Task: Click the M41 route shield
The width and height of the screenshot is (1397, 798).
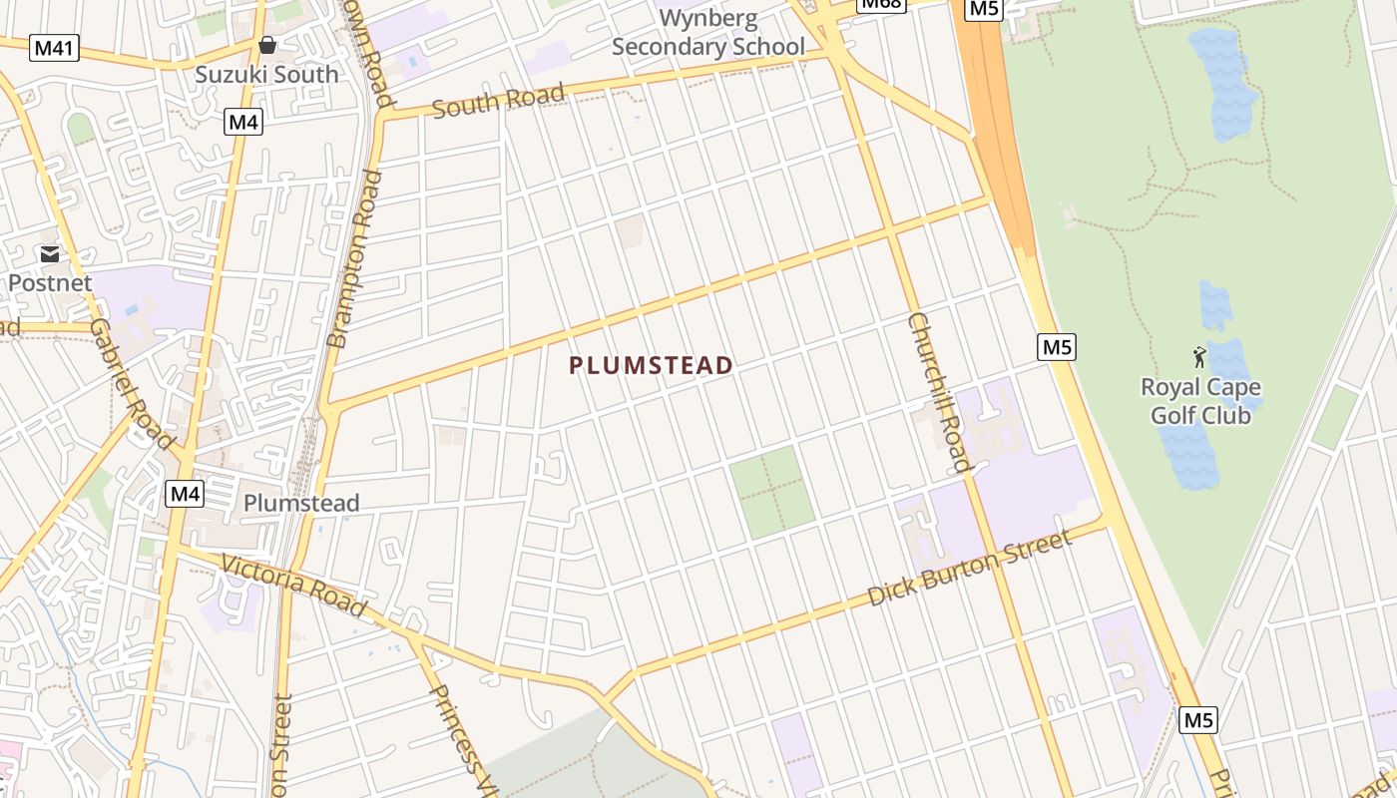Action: (53, 48)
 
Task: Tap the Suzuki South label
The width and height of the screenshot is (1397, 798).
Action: (266, 74)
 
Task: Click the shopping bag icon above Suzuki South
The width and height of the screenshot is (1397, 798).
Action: (266, 45)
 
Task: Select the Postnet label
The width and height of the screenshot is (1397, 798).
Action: (50, 283)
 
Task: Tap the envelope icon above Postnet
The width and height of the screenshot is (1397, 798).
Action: (50, 254)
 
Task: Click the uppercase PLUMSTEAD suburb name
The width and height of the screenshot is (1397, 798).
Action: (652, 366)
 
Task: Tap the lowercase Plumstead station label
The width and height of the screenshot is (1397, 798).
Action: (301, 503)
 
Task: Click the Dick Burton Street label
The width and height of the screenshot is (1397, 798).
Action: (970, 568)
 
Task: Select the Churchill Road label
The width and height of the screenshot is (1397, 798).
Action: (939, 392)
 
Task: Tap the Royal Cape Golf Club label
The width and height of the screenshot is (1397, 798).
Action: (1200, 401)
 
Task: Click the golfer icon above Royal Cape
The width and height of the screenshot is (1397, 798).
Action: (1199, 357)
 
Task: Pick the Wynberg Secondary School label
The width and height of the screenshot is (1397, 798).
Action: (708, 33)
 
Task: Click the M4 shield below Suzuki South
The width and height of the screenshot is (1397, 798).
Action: (243, 123)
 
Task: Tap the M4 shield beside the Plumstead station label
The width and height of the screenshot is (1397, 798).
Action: (185, 493)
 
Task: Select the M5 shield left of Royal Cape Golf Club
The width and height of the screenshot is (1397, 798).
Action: (1057, 347)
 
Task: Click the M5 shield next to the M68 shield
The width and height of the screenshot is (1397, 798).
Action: (984, 9)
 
